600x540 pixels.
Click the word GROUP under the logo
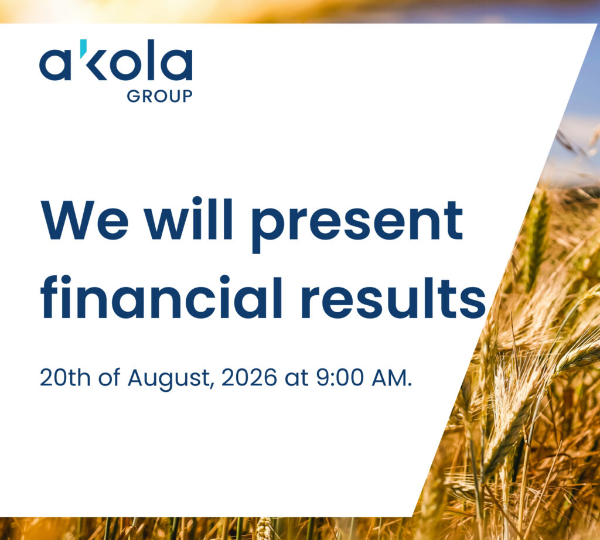pos(159,96)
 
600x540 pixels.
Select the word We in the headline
pos(84,220)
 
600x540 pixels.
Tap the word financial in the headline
pos(161,296)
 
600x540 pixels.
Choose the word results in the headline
pos(394,297)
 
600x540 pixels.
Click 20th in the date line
pos(65,377)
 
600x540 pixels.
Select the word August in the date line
pos(169,380)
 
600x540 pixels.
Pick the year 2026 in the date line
pos(249,377)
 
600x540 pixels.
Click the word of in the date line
pos(109,377)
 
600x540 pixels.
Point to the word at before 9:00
pos(296,378)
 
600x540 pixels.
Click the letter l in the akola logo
pos(151,60)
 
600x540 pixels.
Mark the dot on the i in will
pos(197,201)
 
